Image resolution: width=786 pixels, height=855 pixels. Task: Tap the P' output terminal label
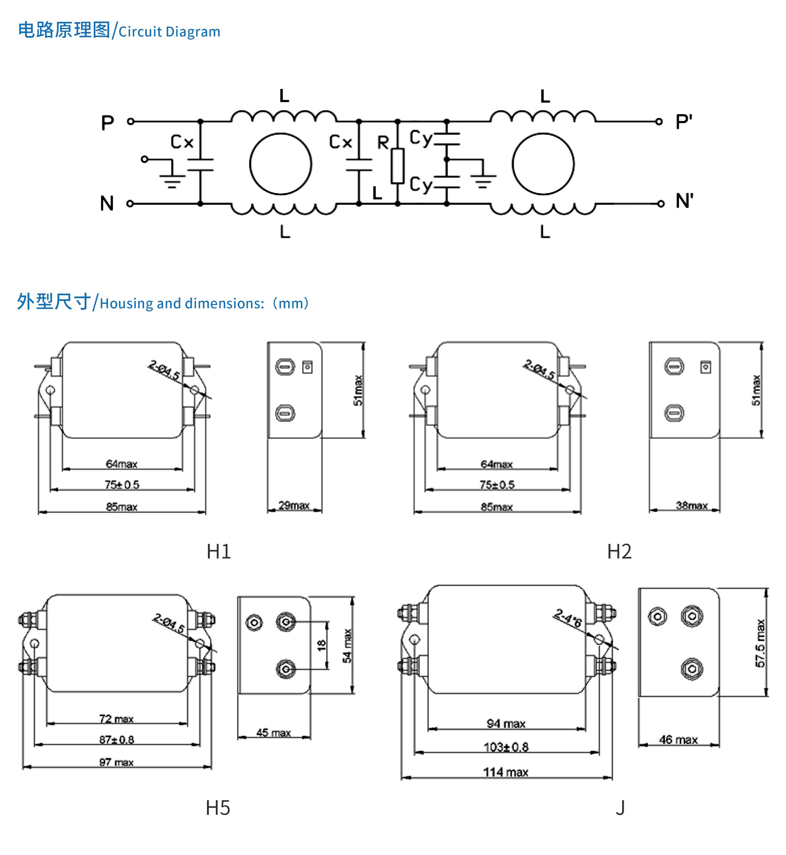pyautogui.click(x=684, y=122)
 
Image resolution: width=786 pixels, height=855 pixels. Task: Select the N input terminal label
pyautogui.click(x=107, y=203)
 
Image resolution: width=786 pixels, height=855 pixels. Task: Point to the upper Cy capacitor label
pyautogui.click(x=421, y=138)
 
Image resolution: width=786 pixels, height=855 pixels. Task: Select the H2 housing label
pyautogui.click(x=619, y=552)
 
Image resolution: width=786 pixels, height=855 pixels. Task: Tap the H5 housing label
pyautogui.click(x=218, y=808)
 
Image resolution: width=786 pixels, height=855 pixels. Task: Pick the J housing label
pyautogui.click(x=620, y=808)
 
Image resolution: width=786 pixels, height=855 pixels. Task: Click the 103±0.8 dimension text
pyautogui.click(x=506, y=747)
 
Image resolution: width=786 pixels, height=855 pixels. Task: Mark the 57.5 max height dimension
pyautogui.click(x=760, y=643)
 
